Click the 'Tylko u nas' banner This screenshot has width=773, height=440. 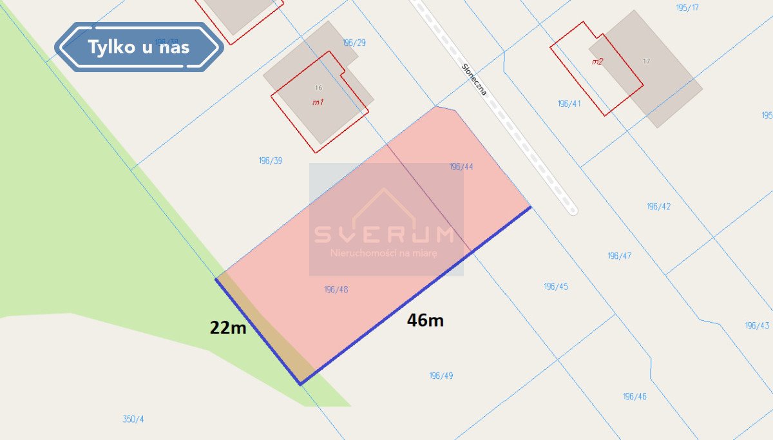tap(139, 46)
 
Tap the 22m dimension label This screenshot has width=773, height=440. tap(228, 327)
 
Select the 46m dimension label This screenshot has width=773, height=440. tap(425, 320)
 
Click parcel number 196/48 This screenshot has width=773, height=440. tap(336, 290)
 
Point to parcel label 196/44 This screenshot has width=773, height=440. tap(461, 167)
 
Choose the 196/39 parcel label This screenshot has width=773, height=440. tap(270, 160)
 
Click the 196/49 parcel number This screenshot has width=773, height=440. tap(441, 376)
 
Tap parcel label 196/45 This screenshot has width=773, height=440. tap(556, 286)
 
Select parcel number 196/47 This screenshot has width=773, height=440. tap(620, 256)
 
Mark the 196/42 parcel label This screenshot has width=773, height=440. tap(659, 207)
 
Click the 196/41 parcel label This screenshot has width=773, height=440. tap(569, 103)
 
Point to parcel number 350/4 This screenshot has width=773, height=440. tap(133, 419)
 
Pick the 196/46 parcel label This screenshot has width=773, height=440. tap(635, 396)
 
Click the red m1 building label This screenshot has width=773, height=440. tap(318, 102)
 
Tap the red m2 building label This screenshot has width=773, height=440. tap(597, 62)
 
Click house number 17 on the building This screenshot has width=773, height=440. tap(646, 61)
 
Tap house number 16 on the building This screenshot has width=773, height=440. tap(318, 88)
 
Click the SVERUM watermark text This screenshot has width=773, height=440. tap(384, 234)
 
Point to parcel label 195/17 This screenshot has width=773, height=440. tap(688, 8)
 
